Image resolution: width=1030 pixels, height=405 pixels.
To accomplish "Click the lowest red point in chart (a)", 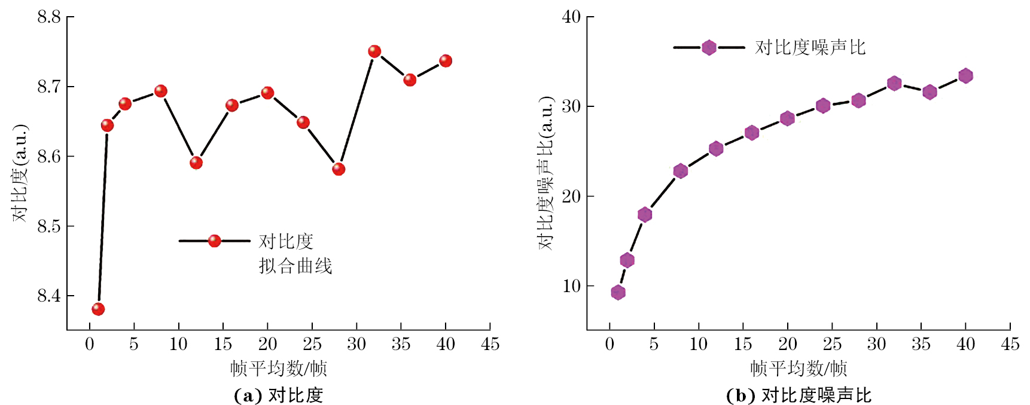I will pyautogui.click(x=98, y=309).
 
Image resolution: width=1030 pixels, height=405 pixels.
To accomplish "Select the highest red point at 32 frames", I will pyautogui.click(x=374, y=51).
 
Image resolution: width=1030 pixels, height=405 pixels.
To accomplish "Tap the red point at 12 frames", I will pyautogui.click(x=196, y=162).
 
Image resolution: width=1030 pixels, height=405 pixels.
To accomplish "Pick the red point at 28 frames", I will pyautogui.click(x=339, y=169).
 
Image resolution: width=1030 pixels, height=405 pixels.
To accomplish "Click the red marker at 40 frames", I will pyautogui.click(x=446, y=61).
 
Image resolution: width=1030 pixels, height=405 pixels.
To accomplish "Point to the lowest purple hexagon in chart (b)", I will pyautogui.click(x=618, y=292).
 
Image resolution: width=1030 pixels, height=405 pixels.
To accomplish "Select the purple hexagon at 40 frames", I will pyautogui.click(x=965, y=76).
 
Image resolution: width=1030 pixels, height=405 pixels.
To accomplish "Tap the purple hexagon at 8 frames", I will pyautogui.click(x=681, y=171).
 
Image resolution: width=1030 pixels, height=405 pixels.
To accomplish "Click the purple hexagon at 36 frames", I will pyautogui.click(x=930, y=92).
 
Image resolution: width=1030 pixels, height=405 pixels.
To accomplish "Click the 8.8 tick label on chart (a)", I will pyautogui.click(x=49, y=17).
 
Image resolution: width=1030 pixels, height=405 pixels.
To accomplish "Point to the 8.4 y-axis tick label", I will pyautogui.click(x=49, y=296).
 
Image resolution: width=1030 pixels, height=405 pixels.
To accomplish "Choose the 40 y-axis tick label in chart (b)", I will pyautogui.click(x=572, y=17).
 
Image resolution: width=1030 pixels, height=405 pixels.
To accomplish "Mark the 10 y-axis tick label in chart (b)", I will pyautogui.click(x=572, y=286).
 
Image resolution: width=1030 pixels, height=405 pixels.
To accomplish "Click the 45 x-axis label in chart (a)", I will pyautogui.click(x=490, y=344).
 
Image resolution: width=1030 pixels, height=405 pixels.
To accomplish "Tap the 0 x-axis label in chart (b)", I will pyautogui.click(x=610, y=344).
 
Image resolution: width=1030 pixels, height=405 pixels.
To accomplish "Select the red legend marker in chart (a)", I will pyautogui.click(x=214, y=241).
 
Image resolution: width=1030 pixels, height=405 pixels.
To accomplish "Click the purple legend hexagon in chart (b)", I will pyautogui.click(x=709, y=47).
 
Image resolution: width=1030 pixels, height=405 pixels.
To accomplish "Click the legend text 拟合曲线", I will pyautogui.click(x=295, y=266).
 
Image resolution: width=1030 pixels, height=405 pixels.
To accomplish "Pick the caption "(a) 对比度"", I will pyautogui.click(x=278, y=395).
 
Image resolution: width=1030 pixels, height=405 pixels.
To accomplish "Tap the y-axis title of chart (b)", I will pyautogui.click(x=546, y=173).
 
